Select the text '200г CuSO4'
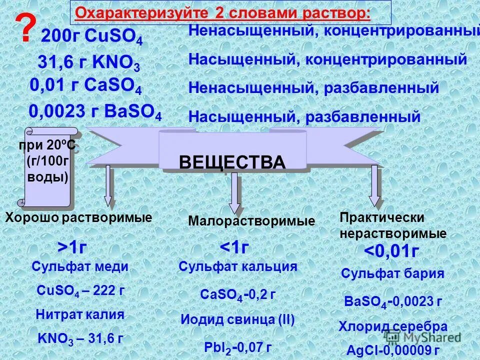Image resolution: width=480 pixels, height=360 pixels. point(91,37)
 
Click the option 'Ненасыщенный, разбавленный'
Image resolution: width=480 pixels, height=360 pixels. point(313,88)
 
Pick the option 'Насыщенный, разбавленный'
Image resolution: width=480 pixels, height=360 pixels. point(304,117)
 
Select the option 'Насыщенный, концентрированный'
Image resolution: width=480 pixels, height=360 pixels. point(327,59)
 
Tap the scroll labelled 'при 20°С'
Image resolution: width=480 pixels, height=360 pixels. point(47,167)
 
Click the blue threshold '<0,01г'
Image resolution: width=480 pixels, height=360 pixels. point(390,252)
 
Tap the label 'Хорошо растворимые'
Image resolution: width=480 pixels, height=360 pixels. point(78,217)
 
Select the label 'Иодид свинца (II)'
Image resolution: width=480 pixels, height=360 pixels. point(237,319)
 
